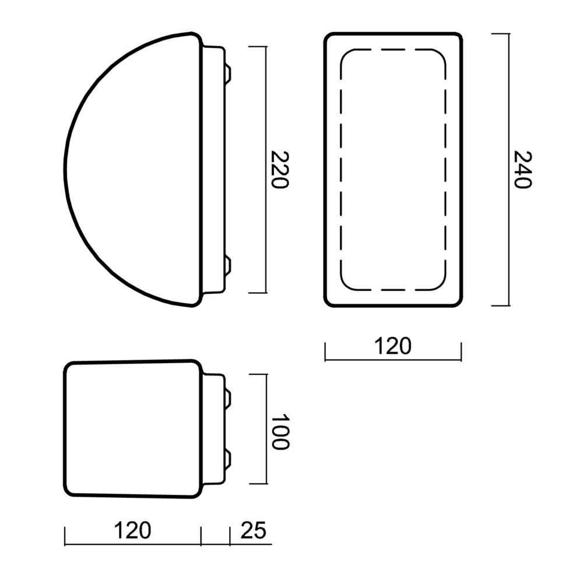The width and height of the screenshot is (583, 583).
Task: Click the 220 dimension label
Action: tap(280, 170)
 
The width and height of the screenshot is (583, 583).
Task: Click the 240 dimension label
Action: tap(522, 170)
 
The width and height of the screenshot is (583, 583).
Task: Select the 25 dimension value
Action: tap(254, 530)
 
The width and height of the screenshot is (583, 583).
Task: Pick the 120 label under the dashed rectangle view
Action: tap(392, 346)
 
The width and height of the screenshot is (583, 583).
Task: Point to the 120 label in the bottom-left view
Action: tap(132, 530)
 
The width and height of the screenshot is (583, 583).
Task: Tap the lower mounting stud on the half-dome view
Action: tap(228, 266)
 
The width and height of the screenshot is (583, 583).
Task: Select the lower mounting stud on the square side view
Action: tap(228, 459)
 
